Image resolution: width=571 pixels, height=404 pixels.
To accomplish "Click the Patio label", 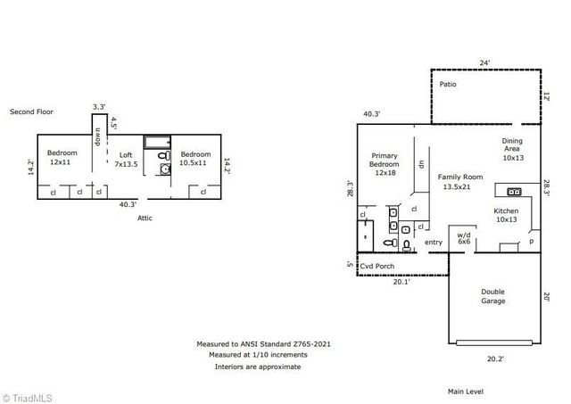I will pos(449,85).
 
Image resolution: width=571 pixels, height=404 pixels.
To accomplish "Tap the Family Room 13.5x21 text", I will pos(459,182).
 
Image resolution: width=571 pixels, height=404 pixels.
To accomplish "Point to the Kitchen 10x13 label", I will pos(506,215).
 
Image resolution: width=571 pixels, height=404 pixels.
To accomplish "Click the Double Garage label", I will pos(493,296).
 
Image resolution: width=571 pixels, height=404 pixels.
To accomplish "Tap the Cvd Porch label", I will pos(378,266).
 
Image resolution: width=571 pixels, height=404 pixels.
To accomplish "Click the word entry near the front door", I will pos(434,243).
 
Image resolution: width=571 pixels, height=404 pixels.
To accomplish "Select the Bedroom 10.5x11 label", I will pos(194,159).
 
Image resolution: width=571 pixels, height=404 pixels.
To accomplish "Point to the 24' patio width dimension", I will pos(485,63).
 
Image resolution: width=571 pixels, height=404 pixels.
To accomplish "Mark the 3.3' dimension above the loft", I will pos(98,107).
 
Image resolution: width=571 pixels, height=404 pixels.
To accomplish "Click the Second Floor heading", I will pos(31,112).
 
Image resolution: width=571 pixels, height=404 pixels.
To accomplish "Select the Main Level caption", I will pos(467,391).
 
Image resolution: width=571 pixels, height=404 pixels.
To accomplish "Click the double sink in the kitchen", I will pos(514,191).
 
